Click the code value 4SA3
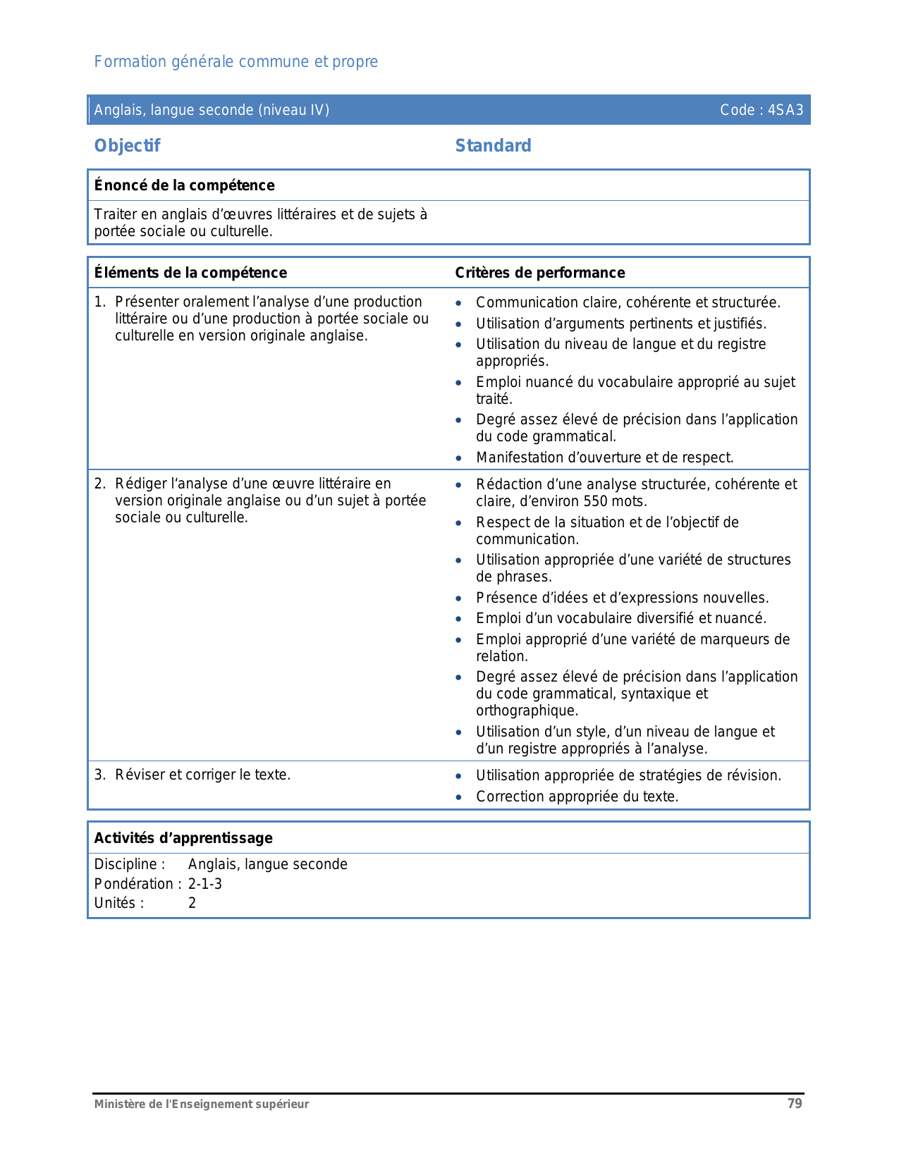785,110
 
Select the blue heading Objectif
128,146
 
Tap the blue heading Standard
493,146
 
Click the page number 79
795,1104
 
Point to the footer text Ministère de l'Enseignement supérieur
202,1104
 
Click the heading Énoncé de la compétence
184,185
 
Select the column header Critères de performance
539,273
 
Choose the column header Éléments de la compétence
190,273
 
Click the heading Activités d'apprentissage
183,838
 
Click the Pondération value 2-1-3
204,884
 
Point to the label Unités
118,903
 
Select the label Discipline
129,864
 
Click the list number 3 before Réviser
99,775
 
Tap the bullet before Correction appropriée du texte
459,797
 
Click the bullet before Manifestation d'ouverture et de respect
459,458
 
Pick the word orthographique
527,710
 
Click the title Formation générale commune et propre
236,62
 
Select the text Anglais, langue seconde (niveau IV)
212,110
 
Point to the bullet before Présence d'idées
459,598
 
